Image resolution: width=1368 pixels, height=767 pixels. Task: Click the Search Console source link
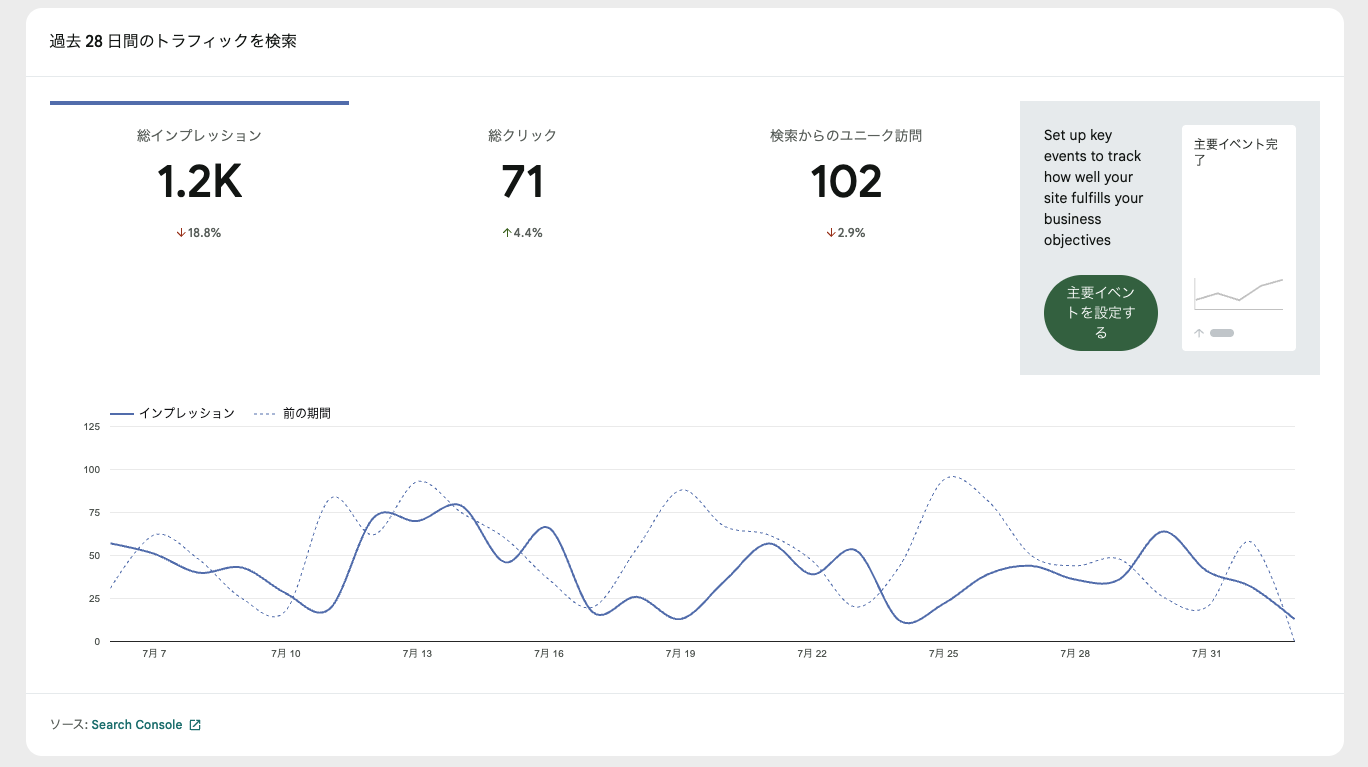point(137,724)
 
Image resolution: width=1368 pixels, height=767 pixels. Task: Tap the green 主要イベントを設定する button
point(1101,313)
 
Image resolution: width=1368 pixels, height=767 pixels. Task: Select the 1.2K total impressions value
point(199,181)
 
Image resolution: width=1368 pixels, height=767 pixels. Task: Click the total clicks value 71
point(522,181)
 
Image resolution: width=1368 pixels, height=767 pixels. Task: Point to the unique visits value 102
point(846,181)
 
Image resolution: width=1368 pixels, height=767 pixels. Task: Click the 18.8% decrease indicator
point(198,233)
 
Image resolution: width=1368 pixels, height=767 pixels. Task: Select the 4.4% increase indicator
point(522,233)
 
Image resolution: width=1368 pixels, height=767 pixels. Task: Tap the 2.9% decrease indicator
point(846,233)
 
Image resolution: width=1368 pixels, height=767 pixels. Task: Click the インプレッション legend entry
point(172,413)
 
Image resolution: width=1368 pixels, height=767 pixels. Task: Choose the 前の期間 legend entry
point(292,413)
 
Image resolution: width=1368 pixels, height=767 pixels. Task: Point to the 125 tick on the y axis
point(92,426)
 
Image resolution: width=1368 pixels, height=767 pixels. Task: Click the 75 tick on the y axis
point(94,512)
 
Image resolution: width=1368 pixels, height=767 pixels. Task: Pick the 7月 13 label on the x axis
point(417,653)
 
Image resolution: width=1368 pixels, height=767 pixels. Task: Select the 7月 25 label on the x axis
point(944,653)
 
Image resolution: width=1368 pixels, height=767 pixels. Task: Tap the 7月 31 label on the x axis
point(1206,653)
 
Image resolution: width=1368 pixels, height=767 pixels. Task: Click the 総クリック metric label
point(522,136)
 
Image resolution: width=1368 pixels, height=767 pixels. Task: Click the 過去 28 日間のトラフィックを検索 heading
point(173,41)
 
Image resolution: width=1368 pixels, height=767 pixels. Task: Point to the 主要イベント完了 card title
point(1235,152)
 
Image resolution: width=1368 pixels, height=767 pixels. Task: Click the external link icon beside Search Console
point(195,725)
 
